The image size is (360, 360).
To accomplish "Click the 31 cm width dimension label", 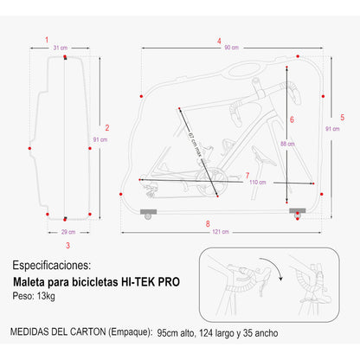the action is tap(61, 48).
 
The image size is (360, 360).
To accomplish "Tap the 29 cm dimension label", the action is tap(68, 232).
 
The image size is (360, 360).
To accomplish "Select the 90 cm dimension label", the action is tap(232, 48).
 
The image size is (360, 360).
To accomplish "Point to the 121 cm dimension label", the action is tap(221, 232).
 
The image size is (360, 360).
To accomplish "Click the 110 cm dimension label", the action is tap(258, 183).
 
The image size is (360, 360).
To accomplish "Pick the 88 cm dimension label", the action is tap(287, 144).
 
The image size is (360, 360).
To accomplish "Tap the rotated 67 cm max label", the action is tap(195, 145).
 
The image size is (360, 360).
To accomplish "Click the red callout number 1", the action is tap(47, 40).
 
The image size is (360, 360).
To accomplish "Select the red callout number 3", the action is tap(67, 246).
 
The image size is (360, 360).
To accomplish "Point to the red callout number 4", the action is tap(219, 41).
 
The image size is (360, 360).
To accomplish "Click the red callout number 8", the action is tap(208, 224).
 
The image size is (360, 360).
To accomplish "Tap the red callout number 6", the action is tap(292, 119).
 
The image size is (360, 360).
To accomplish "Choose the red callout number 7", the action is tap(247, 176).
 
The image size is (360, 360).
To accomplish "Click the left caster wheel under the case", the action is tap(148, 216).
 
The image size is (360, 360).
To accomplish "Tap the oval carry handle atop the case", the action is tap(244, 69).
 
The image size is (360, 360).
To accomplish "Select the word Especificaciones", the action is tap(52, 266).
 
